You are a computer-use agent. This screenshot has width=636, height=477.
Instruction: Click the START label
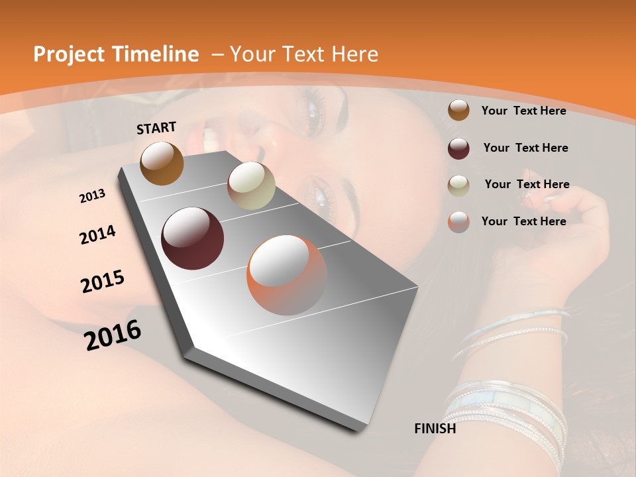156,128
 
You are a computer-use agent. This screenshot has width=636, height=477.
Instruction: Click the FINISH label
435,429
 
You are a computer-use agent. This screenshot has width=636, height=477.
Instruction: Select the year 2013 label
93,196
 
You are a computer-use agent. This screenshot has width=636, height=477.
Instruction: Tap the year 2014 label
97,235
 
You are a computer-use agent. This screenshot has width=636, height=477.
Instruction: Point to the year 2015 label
103,282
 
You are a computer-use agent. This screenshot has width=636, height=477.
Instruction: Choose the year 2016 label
113,335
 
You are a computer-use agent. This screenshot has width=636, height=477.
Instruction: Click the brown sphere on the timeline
162,164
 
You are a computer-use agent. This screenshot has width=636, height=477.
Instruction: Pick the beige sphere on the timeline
251,185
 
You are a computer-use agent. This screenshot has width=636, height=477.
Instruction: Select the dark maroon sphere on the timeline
193,238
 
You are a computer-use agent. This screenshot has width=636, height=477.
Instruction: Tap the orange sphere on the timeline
287,275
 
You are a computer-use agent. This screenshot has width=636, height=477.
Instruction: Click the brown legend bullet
458,111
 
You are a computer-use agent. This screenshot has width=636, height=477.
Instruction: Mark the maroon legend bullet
458,148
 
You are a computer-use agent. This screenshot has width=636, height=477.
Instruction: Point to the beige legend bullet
458,185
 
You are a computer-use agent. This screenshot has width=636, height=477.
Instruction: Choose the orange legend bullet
458,222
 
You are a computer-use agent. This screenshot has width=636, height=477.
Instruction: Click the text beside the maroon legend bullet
525,148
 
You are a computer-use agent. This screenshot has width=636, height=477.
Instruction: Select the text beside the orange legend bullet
523,221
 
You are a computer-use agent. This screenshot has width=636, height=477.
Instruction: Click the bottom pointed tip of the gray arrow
361,429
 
